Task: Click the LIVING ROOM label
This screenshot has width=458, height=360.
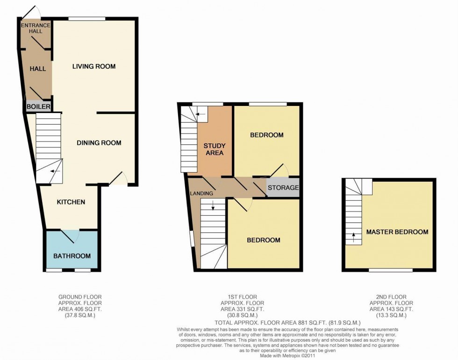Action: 93,66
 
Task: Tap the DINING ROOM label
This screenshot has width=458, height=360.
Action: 99,143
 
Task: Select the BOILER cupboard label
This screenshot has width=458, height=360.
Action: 38,106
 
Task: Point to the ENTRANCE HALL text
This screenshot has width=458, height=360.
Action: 32,28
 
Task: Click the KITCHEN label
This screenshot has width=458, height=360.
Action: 71,202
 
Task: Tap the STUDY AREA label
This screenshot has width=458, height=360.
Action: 213,149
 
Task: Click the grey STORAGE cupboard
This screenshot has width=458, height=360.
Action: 283,188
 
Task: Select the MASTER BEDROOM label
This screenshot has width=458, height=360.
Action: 397,232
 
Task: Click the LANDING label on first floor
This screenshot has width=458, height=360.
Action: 201,193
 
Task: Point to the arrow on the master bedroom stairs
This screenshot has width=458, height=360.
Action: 353,237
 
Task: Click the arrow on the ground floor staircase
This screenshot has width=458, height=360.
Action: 56,171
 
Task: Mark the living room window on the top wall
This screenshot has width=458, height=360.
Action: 86,19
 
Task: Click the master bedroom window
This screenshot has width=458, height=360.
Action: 390,270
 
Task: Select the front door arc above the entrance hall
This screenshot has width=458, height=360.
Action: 32,11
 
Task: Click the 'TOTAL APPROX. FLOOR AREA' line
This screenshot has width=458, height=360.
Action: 287,323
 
